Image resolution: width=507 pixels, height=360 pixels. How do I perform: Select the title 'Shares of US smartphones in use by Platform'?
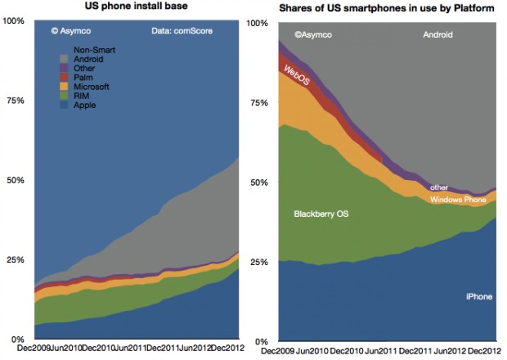click(379, 8)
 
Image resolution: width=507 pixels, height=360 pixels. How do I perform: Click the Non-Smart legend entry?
click(94, 49)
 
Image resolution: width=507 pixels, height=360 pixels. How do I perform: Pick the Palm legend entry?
click(83, 77)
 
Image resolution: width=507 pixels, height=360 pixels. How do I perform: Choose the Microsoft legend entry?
click(91, 86)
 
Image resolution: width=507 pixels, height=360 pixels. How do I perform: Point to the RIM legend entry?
click(82, 96)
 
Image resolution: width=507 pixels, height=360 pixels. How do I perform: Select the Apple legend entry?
click(85, 105)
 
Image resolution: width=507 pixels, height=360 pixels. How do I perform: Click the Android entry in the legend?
click(88, 58)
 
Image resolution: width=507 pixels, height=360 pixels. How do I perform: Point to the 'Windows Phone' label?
click(457, 200)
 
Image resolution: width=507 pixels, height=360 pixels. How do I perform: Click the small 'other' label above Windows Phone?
click(439, 187)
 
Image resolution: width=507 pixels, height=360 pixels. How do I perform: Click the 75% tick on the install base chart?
click(14, 100)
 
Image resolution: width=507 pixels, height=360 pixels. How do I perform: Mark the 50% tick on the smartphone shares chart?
click(259, 182)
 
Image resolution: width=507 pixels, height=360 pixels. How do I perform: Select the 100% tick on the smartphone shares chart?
click(257, 24)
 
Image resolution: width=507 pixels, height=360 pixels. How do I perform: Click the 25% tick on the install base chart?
click(14, 259)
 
